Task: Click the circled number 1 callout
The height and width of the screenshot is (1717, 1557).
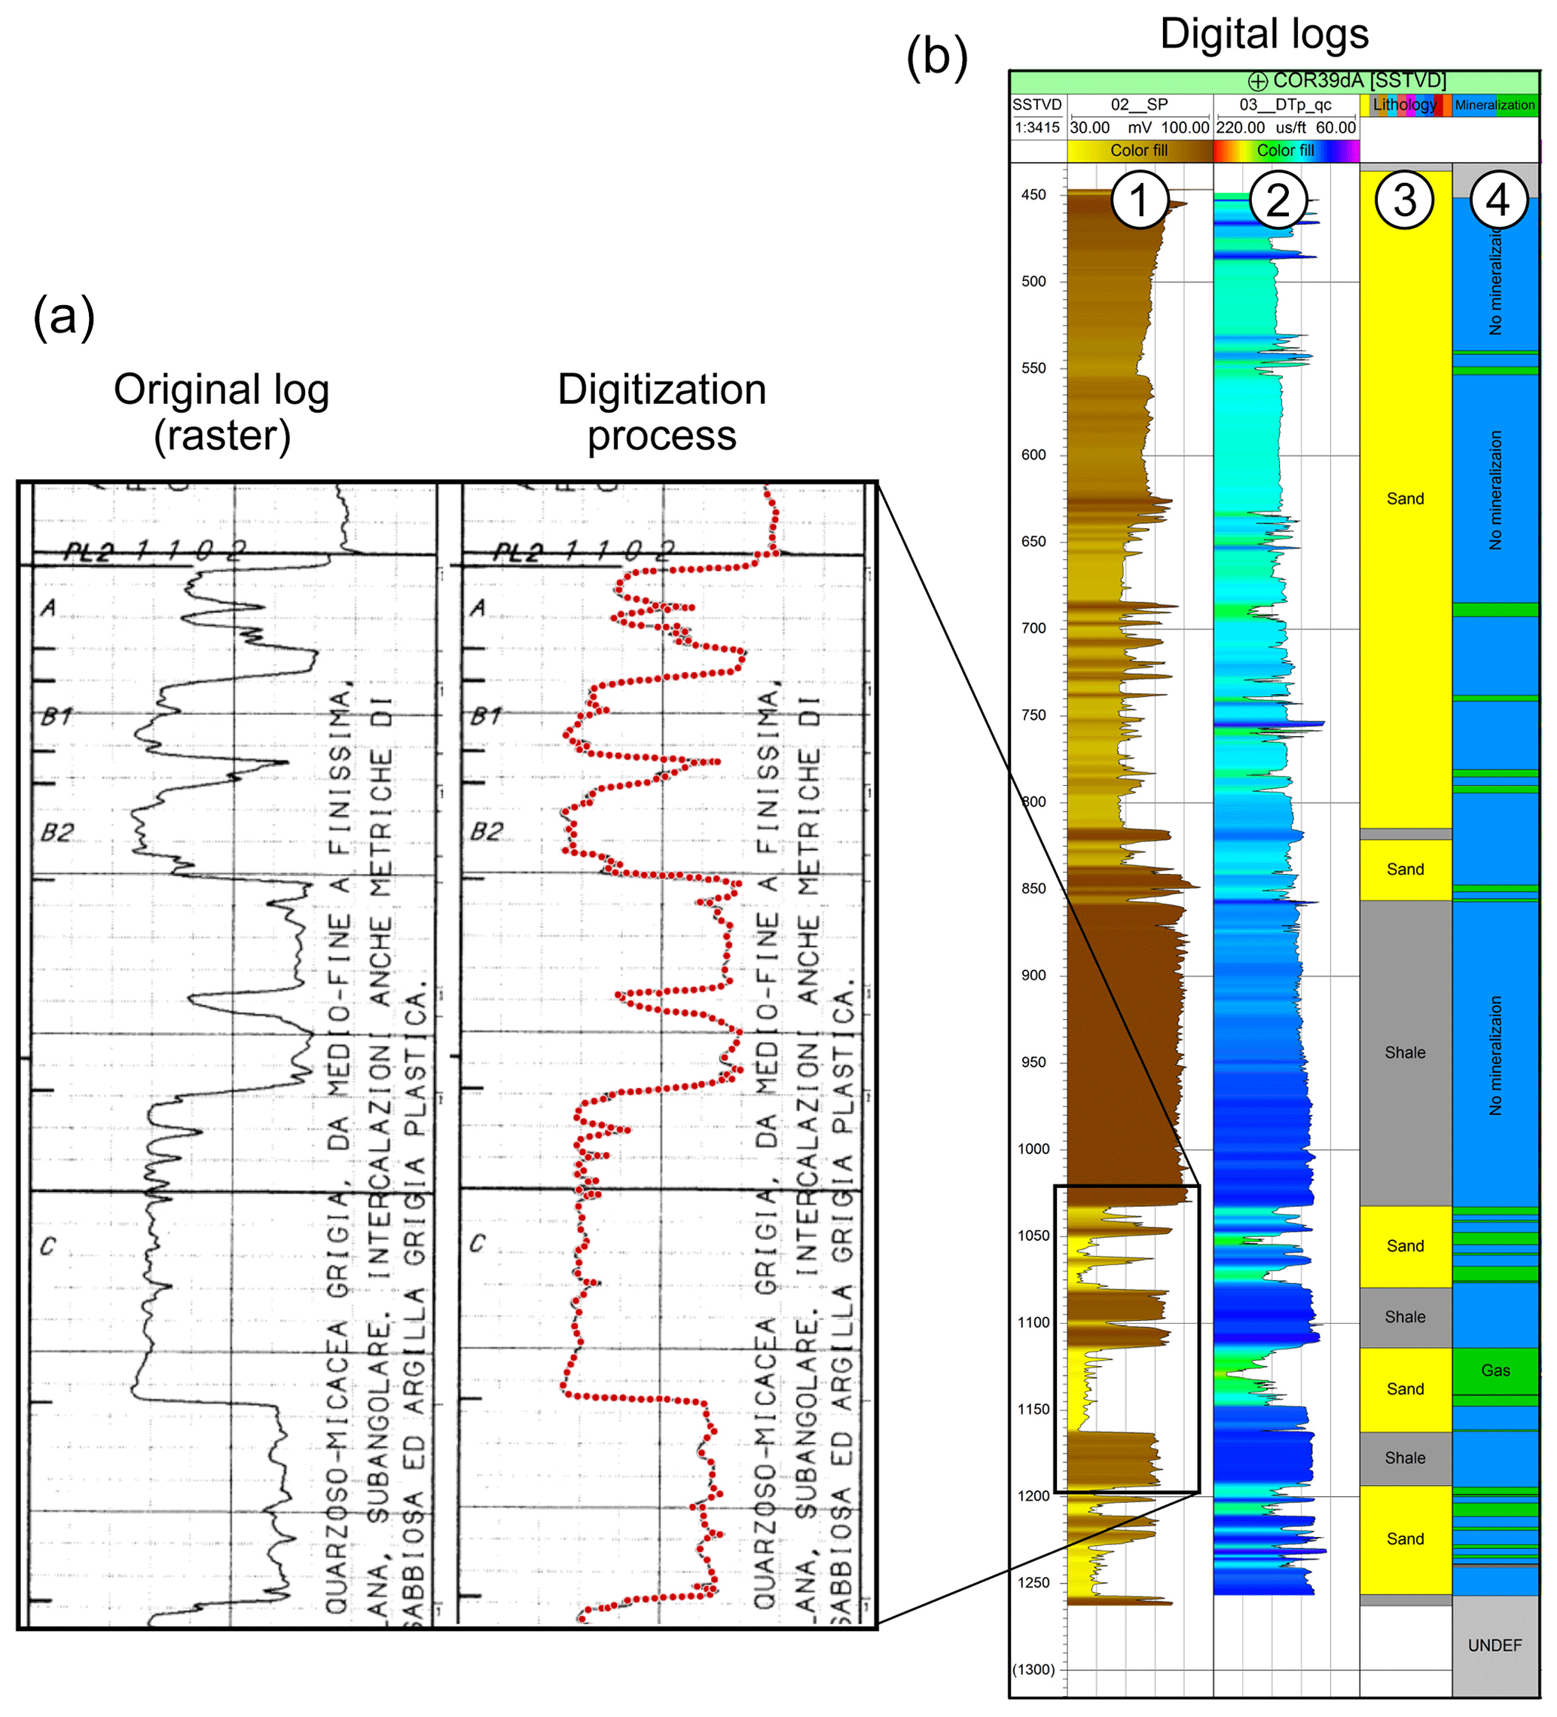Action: tap(1140, 201)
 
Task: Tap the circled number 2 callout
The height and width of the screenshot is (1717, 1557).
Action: tap(1278, 201)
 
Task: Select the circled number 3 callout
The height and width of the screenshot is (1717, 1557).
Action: tap(1405, 201)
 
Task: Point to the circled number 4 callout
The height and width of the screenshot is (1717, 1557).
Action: tap(1497, 201)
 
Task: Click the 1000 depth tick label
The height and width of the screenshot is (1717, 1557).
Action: tap(1034, 1149)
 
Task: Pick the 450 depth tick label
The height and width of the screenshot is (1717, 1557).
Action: tap(1034, 195)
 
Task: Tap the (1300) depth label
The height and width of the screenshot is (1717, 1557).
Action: tap(1033, 1670)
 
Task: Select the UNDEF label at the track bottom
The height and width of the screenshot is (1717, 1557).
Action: tap(1494, 1645)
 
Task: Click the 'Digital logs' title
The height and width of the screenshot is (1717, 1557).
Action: tap(1264, 35)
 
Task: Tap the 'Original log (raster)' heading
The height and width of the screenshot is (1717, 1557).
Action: tap(221, 412)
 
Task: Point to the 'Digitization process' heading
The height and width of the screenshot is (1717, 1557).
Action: tap(662, 412)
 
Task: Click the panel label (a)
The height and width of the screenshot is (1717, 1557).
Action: tap(64, 317)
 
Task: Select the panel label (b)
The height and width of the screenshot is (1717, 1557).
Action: tap(937, 57)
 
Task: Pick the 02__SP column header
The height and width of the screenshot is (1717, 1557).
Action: tap(1139, 105)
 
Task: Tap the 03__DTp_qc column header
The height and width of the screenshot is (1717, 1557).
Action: tap(1285, 105)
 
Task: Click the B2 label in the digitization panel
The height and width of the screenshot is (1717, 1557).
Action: tap(487, 831)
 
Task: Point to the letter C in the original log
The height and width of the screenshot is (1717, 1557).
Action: tap(47, 1246)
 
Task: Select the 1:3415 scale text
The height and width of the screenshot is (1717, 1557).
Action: tap(1037, 128)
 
